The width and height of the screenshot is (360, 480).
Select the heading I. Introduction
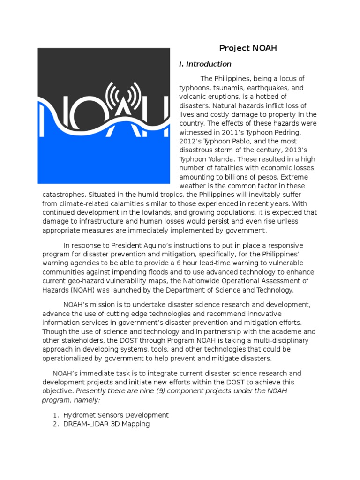tap(205, 64)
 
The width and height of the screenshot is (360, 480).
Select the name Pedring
tap(280, 132)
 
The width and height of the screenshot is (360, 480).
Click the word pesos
tap(263, 177)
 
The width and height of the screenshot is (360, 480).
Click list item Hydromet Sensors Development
tap(116, 415)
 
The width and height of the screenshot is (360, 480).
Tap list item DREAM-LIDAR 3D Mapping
tap(106, 424)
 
